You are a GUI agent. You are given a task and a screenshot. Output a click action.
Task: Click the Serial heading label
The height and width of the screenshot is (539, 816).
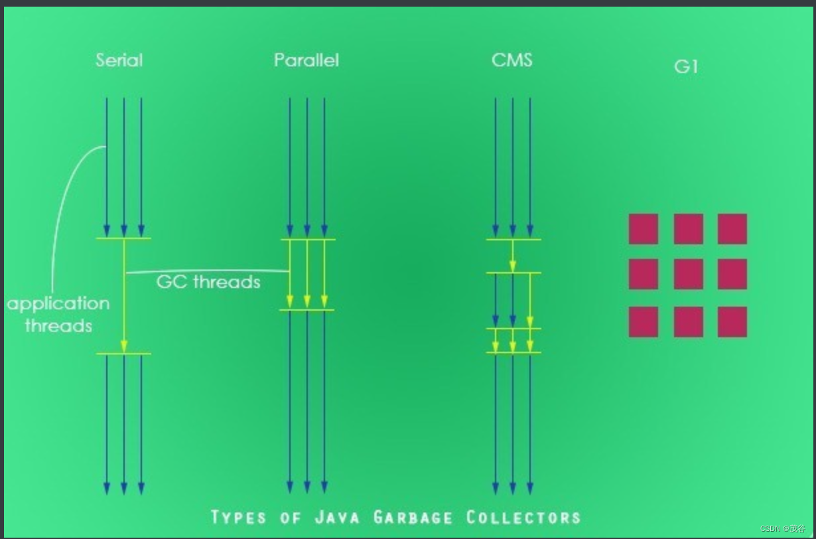119,60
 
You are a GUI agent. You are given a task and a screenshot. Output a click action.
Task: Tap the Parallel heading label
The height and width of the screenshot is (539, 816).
306,60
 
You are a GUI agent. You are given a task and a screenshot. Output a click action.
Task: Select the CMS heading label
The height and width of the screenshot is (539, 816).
512,60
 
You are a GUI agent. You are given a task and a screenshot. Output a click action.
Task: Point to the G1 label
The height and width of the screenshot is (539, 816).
686,67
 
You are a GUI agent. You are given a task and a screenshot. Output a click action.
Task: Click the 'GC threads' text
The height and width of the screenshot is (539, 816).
208,282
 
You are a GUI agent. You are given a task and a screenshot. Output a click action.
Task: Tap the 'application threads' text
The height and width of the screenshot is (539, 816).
58,315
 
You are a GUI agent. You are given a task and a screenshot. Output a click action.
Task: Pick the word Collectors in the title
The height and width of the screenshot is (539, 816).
523,517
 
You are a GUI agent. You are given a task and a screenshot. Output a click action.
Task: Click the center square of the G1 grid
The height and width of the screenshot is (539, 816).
688,274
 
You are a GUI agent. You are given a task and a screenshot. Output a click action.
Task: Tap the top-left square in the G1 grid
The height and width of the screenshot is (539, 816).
644,229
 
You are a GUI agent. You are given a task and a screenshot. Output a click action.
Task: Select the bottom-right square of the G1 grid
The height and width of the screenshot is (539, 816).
732,321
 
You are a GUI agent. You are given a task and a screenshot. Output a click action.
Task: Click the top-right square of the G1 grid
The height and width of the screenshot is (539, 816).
732,229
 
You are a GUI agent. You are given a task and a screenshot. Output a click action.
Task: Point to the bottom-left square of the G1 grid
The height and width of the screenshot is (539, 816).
644,321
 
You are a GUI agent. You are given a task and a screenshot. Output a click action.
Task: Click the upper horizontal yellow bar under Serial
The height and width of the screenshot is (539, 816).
123,238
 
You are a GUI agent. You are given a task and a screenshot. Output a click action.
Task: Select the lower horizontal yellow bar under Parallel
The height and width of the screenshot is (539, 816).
307,310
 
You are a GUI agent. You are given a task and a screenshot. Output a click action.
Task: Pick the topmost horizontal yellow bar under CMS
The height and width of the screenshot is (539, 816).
513,240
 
